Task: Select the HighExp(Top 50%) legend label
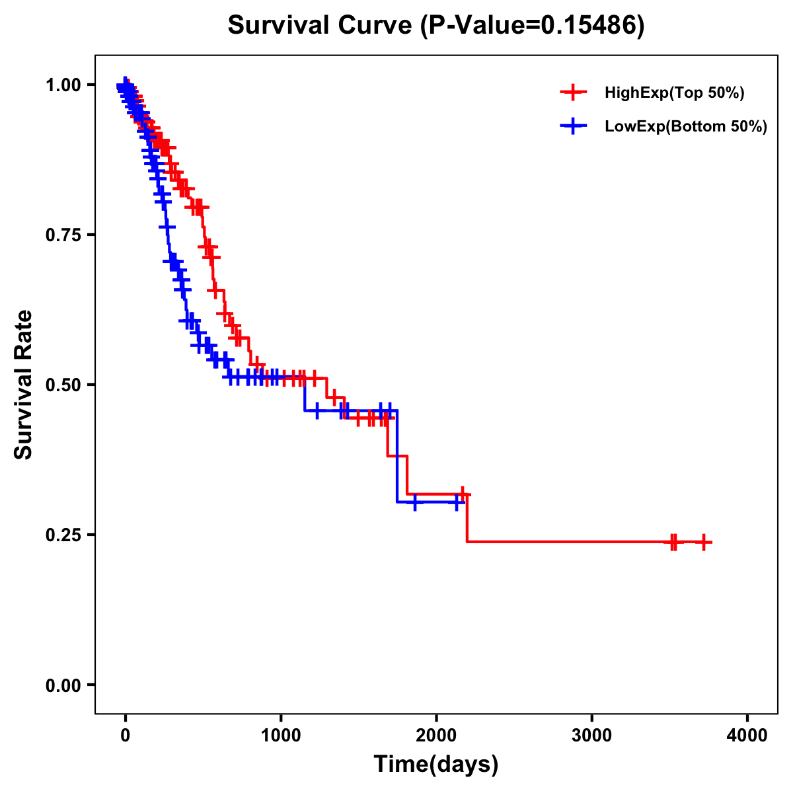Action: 675,93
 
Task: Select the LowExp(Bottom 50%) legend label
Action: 686,127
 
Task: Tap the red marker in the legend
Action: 573,93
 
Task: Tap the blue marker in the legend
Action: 573,126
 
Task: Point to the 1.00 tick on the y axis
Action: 63,85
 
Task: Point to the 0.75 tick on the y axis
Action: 63,235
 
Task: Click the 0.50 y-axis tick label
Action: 63,385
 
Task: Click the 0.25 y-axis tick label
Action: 63,535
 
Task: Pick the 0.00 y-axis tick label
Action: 63,685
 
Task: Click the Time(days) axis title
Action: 436,764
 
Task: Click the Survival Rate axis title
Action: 24,385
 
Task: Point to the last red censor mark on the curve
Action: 704,542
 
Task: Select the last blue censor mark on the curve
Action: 456,502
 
